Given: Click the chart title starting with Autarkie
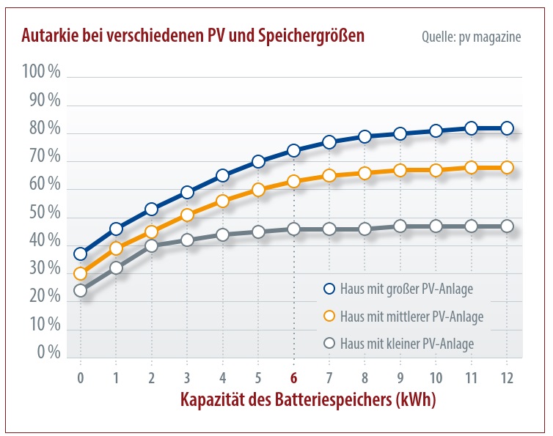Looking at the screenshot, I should click(193, 35).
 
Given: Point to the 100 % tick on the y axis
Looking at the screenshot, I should click(42, 72).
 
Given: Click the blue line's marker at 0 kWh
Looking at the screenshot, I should click(80, 254).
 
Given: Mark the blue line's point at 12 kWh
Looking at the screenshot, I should click(507, 128).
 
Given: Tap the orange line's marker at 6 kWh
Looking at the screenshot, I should click(293, 181).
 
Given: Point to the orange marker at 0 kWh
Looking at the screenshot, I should click(80, 274).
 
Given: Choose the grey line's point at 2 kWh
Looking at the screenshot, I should click(151, 245).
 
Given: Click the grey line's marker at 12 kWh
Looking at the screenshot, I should click(507, 226).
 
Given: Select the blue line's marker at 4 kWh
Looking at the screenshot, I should click(222, 176).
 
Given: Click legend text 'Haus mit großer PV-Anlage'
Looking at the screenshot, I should click(406, 289).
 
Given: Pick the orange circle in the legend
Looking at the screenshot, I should click(329, 317).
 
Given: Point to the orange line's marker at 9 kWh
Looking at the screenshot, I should click(400, 170).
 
